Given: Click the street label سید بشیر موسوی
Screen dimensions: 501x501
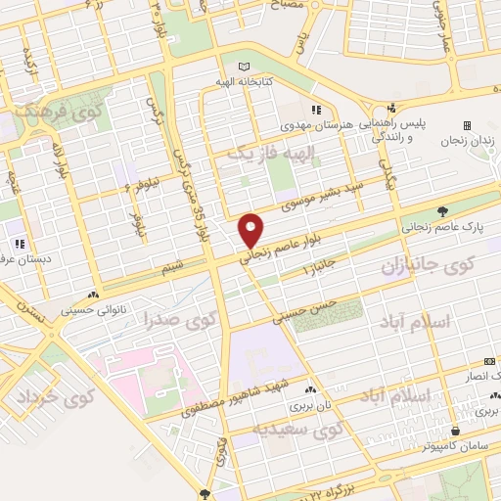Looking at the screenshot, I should tap(323, 195).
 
